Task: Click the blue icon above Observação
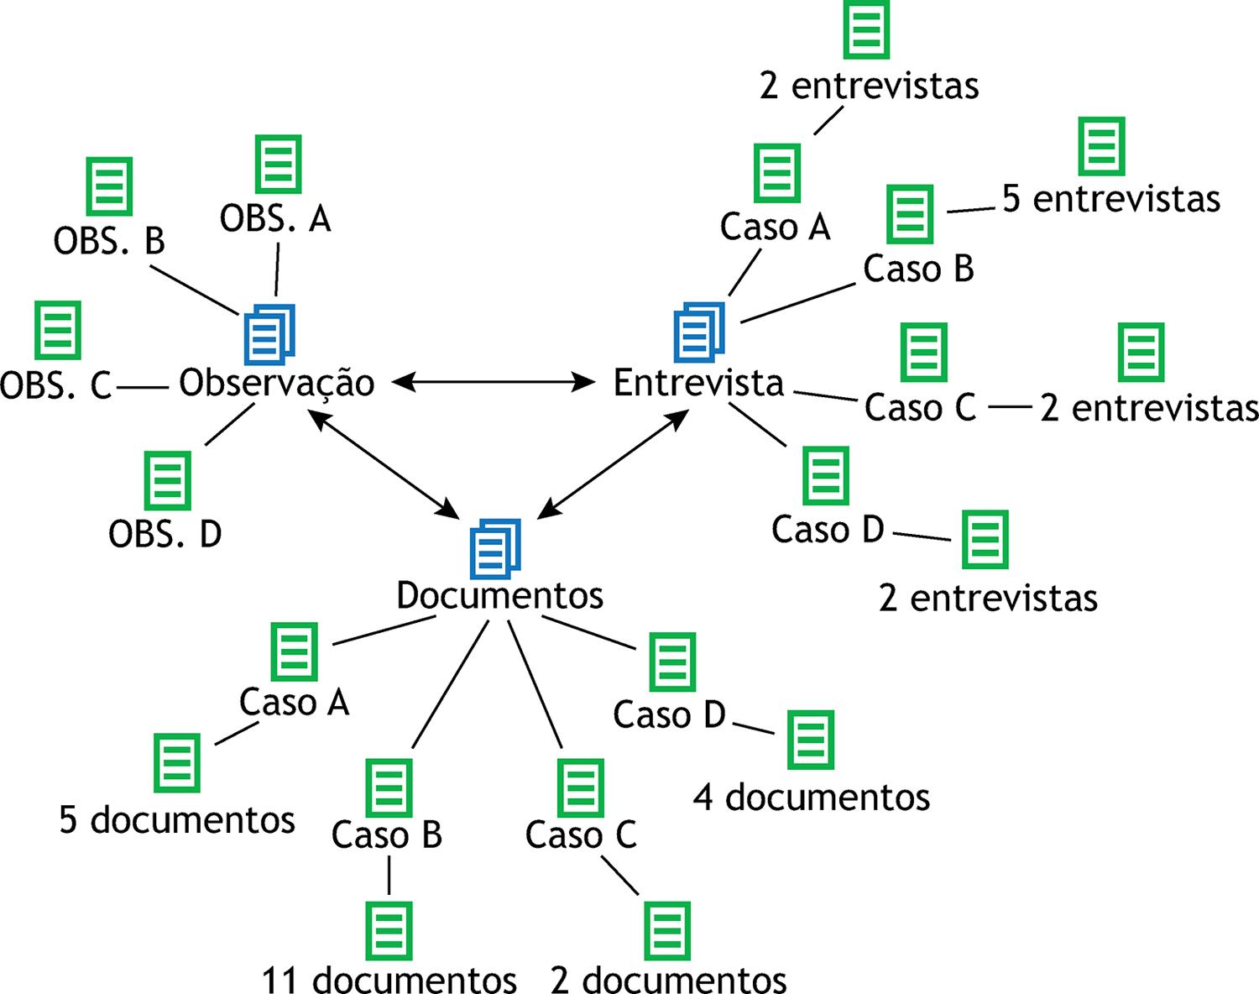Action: coord(269,334)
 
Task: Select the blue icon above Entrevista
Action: coord(699,332)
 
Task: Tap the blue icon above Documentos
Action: coord(495,549)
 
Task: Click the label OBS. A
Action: coord(275,219)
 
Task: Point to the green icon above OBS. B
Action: coord(109,186)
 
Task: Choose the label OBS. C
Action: coord(55,386)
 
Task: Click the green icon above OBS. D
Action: coord(167,480)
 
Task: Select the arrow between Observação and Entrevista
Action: coord(494,382)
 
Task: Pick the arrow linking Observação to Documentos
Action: coord(384,463)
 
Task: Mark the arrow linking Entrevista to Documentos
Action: coord(613,463)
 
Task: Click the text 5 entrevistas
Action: coord(1111,198)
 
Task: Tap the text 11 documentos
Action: coord(389,979)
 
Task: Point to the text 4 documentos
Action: coord(812,798)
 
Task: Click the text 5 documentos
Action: coord(177,819)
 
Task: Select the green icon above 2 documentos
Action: coord(667,931)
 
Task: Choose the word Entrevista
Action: coord(698,383)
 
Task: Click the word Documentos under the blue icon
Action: coord(499,596)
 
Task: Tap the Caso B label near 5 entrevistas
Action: coord(918,269)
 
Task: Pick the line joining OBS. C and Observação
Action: coord(143,388)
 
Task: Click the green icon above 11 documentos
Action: coord(389,931)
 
